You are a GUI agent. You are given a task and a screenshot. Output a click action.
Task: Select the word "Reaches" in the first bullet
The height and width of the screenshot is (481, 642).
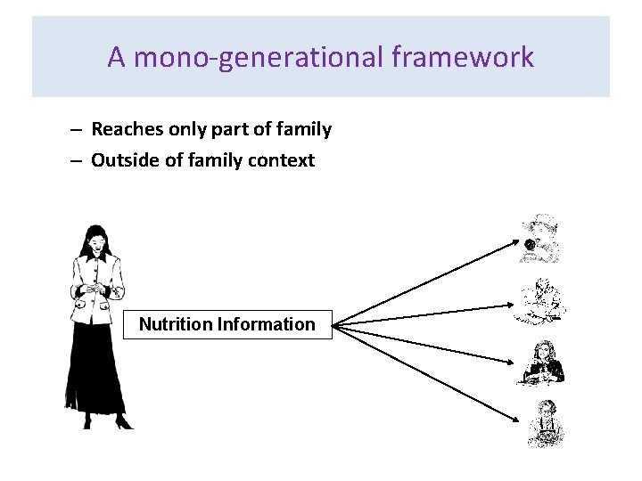[x=127, y=130]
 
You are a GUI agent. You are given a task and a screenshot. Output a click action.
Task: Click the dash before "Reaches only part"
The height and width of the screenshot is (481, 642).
[x=78, y=130]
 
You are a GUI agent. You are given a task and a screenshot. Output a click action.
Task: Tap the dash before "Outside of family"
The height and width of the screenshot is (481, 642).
[x=78, y=160]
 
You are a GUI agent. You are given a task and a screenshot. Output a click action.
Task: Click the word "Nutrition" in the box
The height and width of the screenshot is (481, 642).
[x=175, y=324]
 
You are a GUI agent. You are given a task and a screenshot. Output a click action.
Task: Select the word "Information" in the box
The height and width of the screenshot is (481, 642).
[x=266, y=324]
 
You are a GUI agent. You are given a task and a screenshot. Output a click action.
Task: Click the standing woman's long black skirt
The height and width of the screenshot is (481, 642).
[x=99, y=374]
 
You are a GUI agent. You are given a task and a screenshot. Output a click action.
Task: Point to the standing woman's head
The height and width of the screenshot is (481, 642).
[x=94, y=238]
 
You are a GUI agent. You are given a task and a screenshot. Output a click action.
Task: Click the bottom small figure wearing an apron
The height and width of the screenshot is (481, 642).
[x=543, y=423]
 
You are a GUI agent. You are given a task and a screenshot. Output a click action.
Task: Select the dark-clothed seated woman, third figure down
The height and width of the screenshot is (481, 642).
[x=540, y=363]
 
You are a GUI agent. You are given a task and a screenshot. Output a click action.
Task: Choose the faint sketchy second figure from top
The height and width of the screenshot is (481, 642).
[x=539, y=302]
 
